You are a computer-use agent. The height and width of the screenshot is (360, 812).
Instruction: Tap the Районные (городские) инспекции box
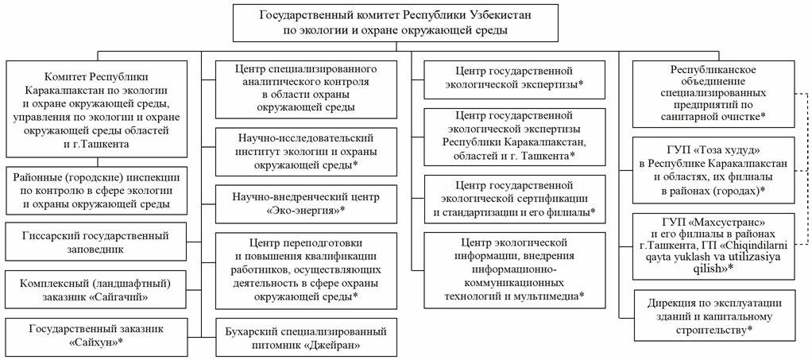click(x=98, y=190)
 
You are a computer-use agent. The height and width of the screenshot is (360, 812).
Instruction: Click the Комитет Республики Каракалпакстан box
click(x=98, y=107)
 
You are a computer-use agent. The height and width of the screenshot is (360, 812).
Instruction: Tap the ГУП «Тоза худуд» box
click(x=711, y=170)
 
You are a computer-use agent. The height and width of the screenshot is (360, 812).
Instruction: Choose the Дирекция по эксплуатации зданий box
click(x=711, y=315)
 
